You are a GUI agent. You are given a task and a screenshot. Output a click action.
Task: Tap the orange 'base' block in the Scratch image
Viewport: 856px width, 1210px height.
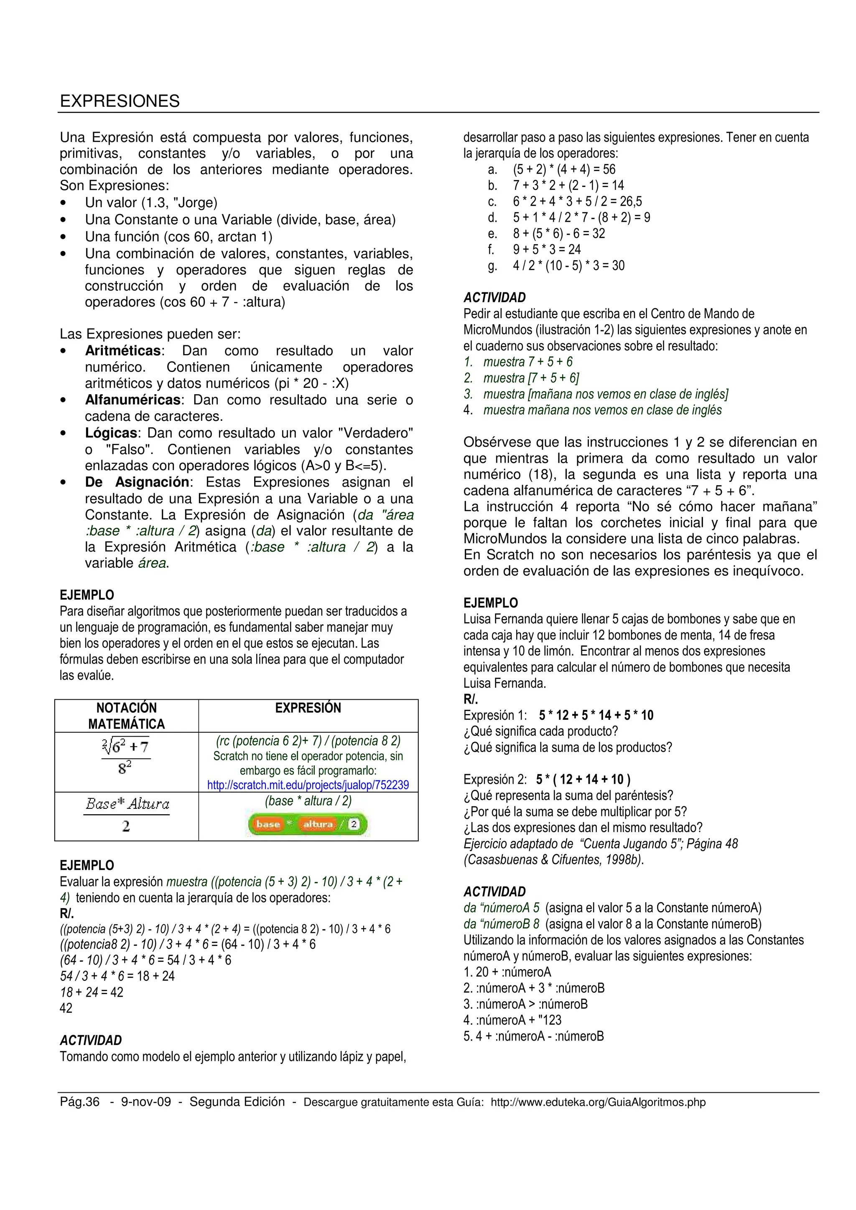point(268,824)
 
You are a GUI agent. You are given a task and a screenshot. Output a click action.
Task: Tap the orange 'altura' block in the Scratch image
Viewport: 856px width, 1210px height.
point(318,824)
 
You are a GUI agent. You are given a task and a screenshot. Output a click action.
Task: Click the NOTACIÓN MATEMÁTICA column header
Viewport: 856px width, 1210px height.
point(127,716)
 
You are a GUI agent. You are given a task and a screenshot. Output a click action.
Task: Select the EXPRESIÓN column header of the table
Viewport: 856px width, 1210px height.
point(308,708)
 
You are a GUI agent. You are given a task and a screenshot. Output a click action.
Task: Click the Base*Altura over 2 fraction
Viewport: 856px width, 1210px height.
point(127,815)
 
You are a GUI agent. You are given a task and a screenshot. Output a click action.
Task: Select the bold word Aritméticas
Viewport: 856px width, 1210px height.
point(123,351)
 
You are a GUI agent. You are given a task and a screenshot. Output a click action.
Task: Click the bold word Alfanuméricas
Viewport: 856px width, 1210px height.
point(132,400)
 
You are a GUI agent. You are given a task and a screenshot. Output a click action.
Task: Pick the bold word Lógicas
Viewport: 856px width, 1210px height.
point(111,433)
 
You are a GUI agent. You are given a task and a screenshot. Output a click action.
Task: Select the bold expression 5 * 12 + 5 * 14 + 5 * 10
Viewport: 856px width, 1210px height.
point(596,715)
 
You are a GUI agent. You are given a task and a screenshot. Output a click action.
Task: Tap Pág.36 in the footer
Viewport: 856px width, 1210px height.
point(80,1102)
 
